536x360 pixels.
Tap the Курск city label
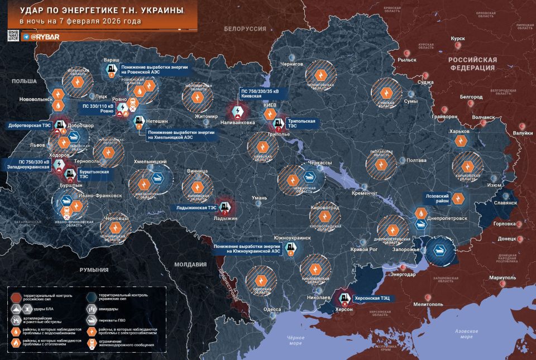point(458,39)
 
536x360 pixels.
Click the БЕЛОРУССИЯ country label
point(245,28)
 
